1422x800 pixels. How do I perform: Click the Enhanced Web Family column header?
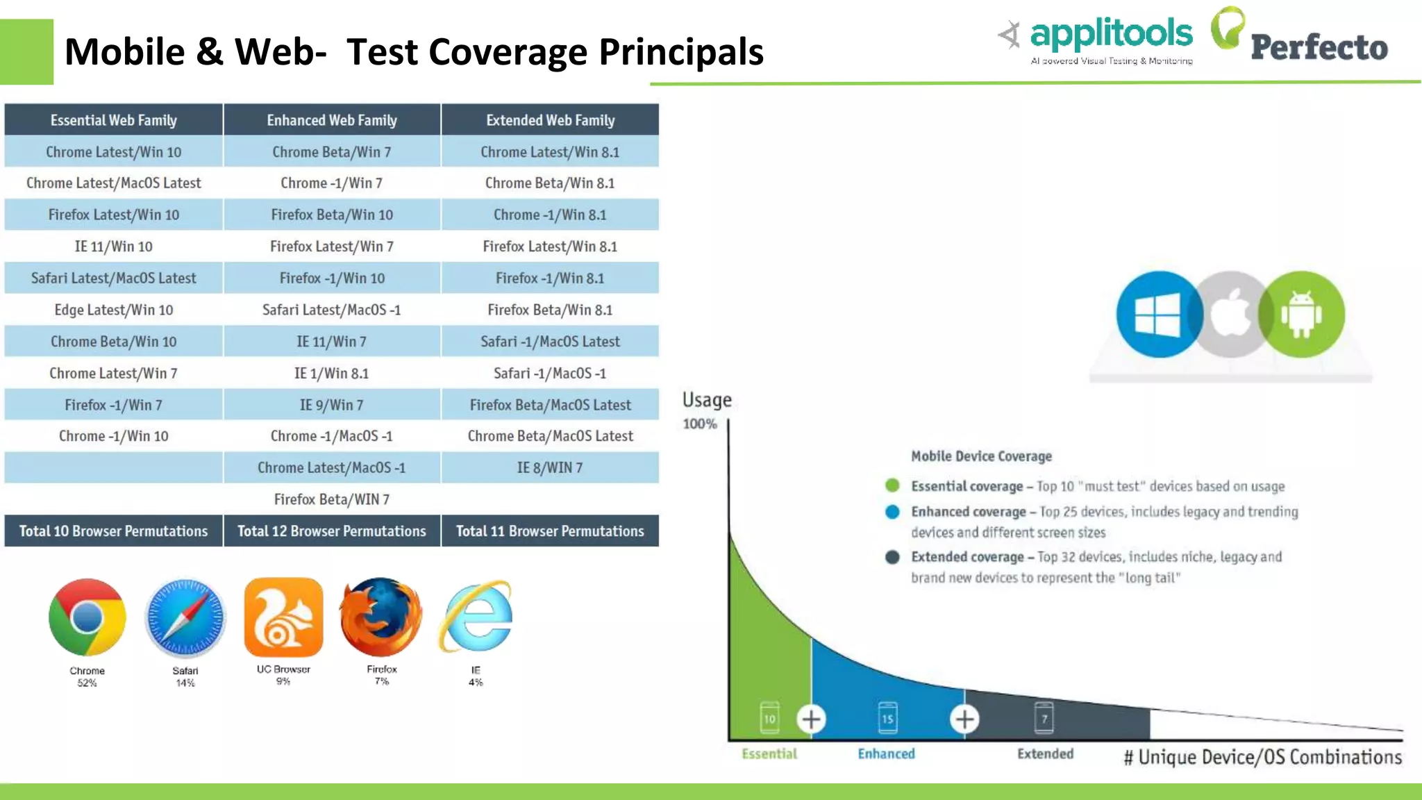(332, 120)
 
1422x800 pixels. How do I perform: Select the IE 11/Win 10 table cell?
(113, 247)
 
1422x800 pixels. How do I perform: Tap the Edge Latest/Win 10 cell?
(113, 310)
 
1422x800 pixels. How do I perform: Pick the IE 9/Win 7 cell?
(332, 405)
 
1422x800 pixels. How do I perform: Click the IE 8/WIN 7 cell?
(550, 468)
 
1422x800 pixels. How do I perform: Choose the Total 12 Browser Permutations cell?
(332, 531)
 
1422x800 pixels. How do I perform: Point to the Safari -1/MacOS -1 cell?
(550, 374)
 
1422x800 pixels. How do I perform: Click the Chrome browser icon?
(87, 617)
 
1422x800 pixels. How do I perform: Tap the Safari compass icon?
(185, 617)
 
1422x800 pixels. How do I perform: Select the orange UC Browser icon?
(283, 617)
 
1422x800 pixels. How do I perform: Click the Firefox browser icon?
(381, 617)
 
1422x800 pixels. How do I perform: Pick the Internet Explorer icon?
(476, 617)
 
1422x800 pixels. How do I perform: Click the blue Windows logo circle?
(1157, 315)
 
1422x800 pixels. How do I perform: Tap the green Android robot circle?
(1302, 315)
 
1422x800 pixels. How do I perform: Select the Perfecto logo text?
(1319, 47)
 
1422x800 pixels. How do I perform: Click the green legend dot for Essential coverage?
(893, 485)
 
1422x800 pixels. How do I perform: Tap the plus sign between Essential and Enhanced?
(811, 719)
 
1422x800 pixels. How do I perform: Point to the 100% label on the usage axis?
(699, 424)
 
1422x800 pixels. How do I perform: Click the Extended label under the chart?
(1045, 753)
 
